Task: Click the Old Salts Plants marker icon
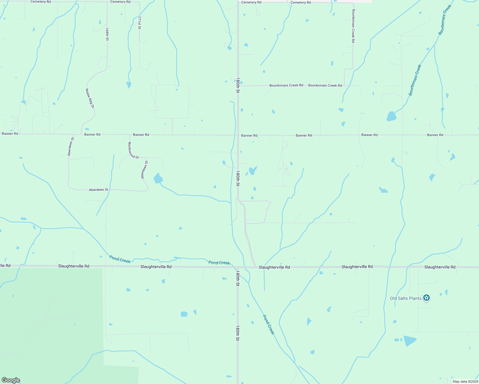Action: click(x=426, y=298)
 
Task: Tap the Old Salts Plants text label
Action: click(x=405, y=298)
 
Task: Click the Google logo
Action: click(x=11, y=380)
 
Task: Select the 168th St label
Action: click(x=107, y=34)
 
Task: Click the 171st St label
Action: click(x=139, y=23)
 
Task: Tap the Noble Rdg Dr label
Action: click(x=90, y=98)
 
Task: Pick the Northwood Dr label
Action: click(x=134, y=150)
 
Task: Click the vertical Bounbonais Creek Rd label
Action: click(x=353, y=26)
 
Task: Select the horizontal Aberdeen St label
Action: click(x=99, y=190)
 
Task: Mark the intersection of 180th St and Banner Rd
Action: click(x=238, y=135)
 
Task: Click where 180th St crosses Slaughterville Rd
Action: click(x=238, y=267)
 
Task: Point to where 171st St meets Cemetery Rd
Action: click(x=139, y=2)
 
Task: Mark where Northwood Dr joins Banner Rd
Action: click(x=130, y=135)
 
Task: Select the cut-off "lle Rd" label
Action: click(x=5, y=266)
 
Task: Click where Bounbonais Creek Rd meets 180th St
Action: click(x=238, y=86)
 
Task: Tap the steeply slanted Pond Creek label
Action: click(x=269, y=324)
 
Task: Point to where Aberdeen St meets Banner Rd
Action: click(x=74, y=135)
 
